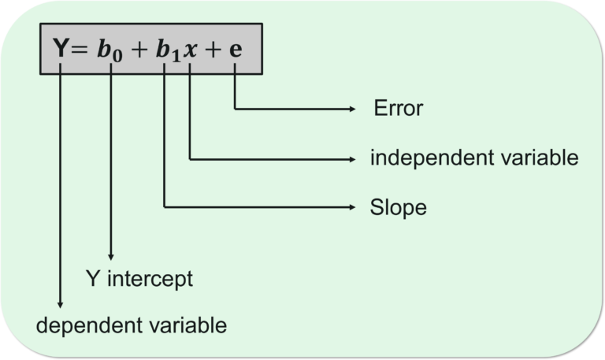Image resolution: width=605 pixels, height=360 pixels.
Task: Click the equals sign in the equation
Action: click(77, 49)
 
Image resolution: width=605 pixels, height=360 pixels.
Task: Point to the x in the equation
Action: click(191, 50)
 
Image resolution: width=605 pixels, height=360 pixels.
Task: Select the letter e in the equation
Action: click(236, 50)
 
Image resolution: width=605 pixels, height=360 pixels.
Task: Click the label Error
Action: click(398, 109)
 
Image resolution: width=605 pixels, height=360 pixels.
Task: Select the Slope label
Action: click(398, 208)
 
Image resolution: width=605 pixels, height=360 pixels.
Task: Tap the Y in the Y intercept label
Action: click(91, 279)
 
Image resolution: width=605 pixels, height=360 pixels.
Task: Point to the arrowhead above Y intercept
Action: click(111, 255)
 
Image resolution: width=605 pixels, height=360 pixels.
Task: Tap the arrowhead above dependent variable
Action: click(61, 302)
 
